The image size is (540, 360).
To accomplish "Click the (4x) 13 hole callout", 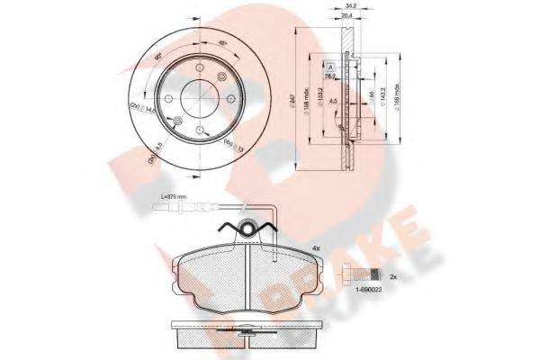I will (232, 139).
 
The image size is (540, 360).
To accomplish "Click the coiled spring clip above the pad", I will (249, 229).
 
